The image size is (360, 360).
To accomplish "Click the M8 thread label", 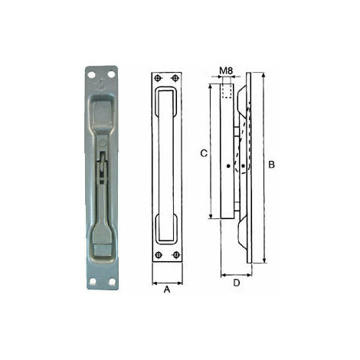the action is (226, 70).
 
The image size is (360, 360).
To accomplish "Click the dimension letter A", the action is (167, 290).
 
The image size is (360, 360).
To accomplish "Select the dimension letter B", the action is (271, 165).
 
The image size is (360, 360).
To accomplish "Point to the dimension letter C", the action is (204, 153).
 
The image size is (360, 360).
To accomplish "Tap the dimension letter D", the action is (237, 283).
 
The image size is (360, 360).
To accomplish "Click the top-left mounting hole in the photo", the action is (91, 75).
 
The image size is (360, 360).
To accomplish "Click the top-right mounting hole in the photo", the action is (111, 74).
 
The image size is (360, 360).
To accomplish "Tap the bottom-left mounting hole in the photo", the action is (93, 282).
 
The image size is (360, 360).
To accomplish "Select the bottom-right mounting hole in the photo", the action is (112, 282).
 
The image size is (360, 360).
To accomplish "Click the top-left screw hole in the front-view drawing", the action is (158, 78).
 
